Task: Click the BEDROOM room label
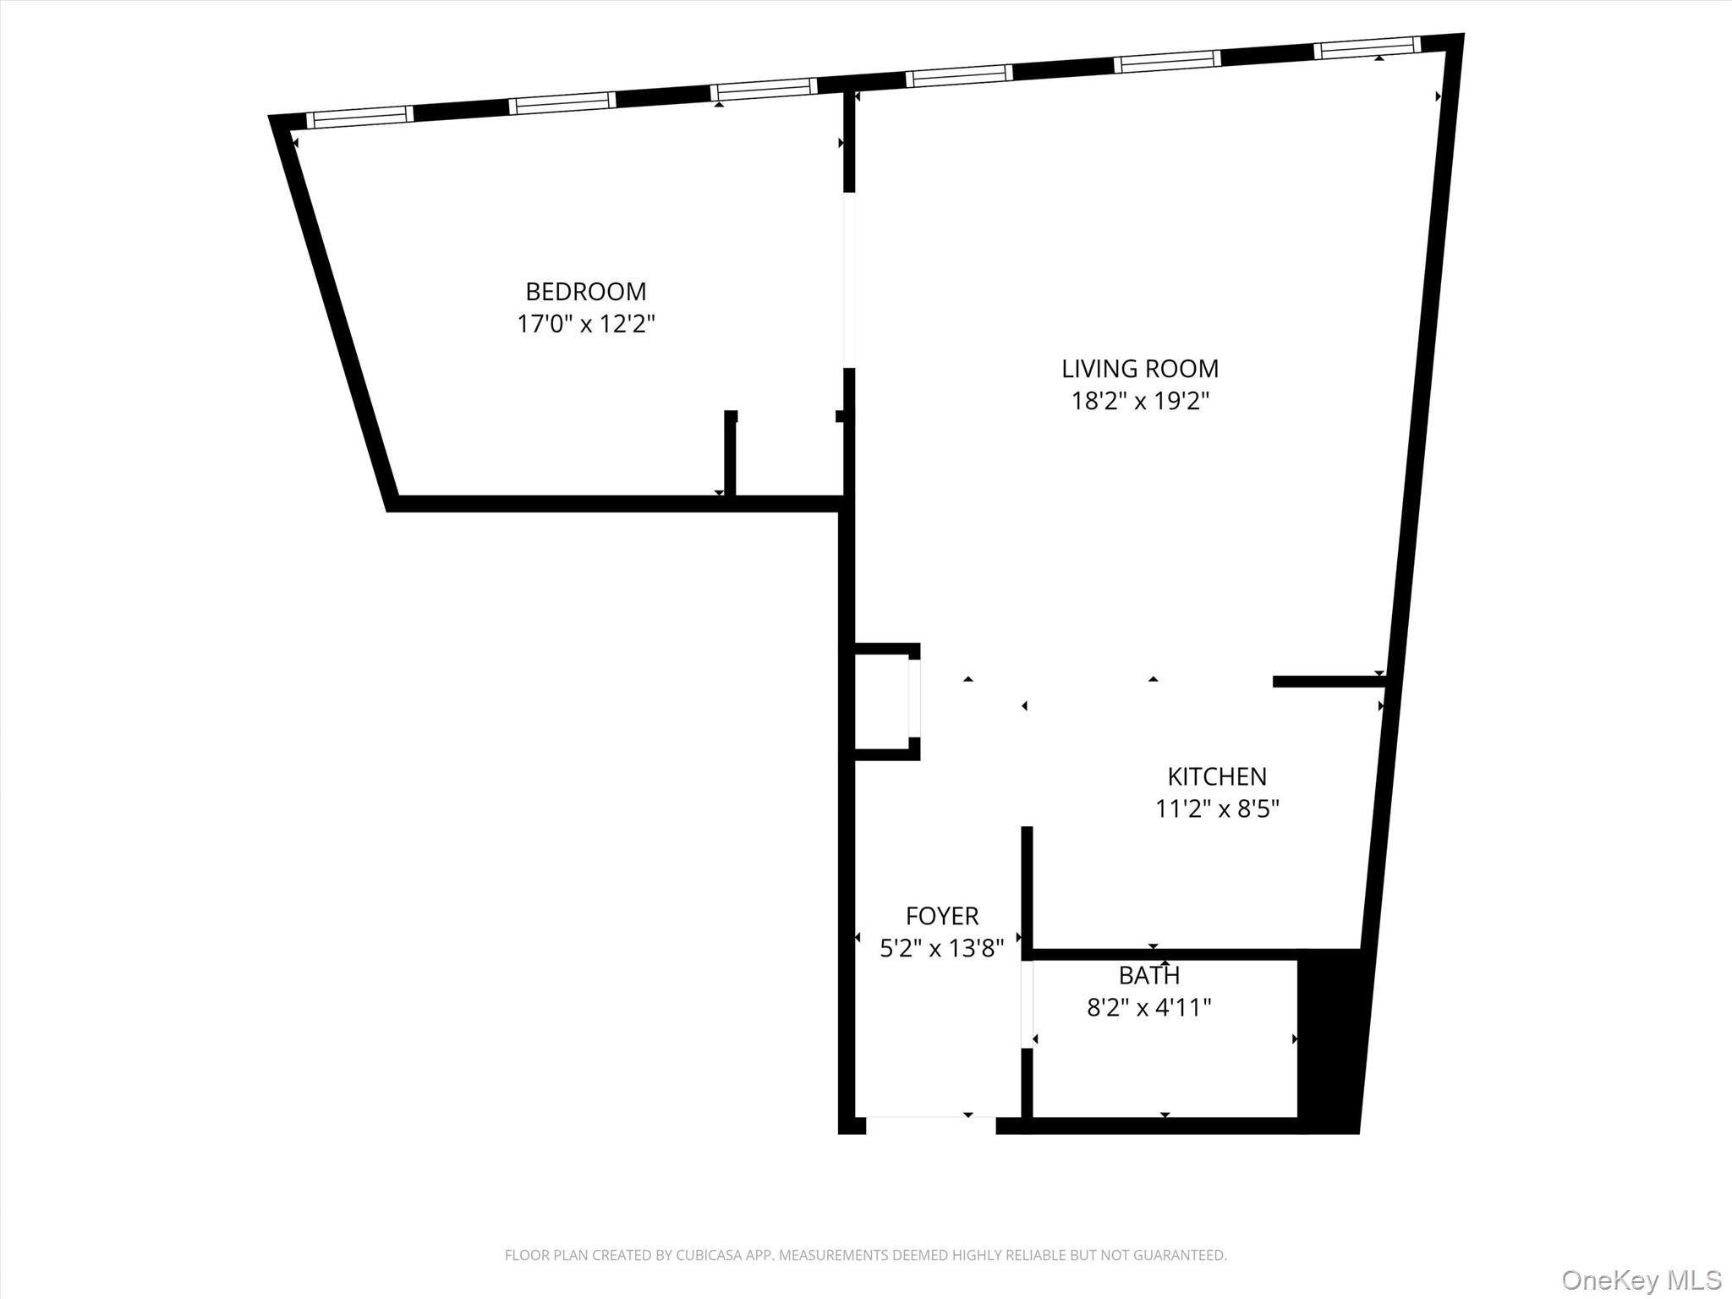pyautogui.click(x=585, y=292)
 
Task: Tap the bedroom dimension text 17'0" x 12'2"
pyautogui.click(x=585, y=324)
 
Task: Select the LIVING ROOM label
pyautogui.click(x=1139, y=369)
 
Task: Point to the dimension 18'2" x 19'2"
pyautogui.click(x=1139, y=401)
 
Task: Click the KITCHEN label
pyautogui.click(x=1216, y=776)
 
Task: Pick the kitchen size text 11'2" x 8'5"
pyautogui.click(x=1216, y=809)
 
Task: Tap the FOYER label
pyautogui.click(x=941, y=916)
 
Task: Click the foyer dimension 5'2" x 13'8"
pyautogui.click(x=941, y=949)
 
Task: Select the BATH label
pyautogui.click(x=1148, y=976)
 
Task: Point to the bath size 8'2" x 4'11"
pyautogui.click(x=1148, y=1008)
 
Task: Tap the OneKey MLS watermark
pyautogui.click(x=1641, y=1280)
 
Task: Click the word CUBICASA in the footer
pyautogui.click(x=706, y=1255)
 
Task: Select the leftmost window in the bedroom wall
pyautogui.click(x=359, y=117)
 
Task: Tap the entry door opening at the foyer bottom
pyautogui.click(x=930, y=1125)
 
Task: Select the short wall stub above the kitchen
pyautogui.click(x=1328, y=682)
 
